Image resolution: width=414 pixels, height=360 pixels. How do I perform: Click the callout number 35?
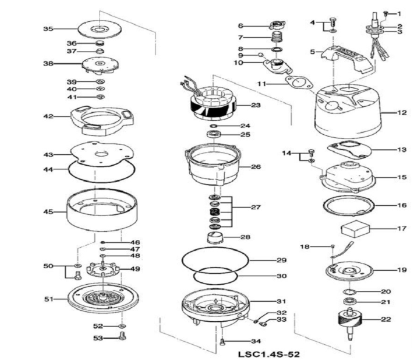click(x=49, y=29)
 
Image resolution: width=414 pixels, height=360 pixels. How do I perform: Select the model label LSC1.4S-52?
click(x=269, y=354)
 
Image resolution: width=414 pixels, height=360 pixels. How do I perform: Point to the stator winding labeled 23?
click(x=213, y=104)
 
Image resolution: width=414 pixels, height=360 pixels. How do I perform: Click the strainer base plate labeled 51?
click(x=103, y=298)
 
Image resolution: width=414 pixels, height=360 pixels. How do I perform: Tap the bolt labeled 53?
click(x=122, y=336)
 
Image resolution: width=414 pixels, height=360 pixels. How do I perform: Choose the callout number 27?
click(x=256, y=207)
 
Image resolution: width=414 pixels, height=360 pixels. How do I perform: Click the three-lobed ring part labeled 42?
click(x=102, y=120)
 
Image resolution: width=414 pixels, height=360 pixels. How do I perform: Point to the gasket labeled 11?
click(x=299, y=83)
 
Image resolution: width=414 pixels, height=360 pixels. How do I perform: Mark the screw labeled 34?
click(x=222, y=342)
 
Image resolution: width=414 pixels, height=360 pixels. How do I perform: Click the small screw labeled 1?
click(x=385, y=13)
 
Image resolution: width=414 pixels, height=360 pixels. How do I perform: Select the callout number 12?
click(x=402, y=112)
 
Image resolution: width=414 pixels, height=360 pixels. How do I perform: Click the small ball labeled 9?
click(x=260, y=55)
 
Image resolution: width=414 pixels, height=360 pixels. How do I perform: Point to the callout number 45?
click(x=49, y=212)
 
